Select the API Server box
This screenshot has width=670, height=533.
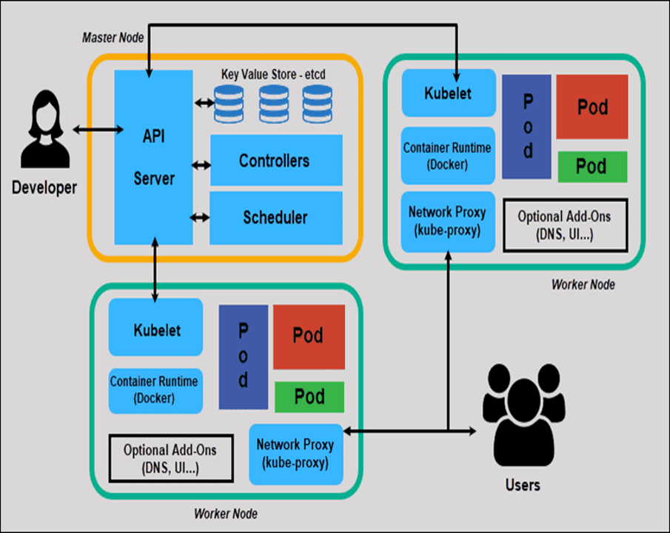pos(154,157)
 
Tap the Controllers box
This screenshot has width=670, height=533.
pos(275,161)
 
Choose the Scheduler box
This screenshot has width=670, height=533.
pos(275,218)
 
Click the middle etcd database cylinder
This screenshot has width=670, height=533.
pos(273,104)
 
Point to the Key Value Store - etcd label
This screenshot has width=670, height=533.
pos(273,75)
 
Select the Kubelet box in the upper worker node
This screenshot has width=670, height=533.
pos(448,93)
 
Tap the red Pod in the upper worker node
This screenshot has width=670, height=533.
pos(592,107)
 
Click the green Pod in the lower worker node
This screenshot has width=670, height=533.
pos(309,397)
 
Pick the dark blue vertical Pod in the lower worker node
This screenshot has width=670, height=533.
pos(243,356)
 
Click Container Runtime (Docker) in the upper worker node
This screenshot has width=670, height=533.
pos(447,155)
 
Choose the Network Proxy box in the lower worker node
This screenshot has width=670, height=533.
pos(295,454)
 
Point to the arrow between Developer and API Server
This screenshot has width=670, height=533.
pos(98,130)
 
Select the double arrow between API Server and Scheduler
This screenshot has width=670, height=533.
pos(199,218)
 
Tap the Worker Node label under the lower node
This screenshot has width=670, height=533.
pos(225,513)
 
